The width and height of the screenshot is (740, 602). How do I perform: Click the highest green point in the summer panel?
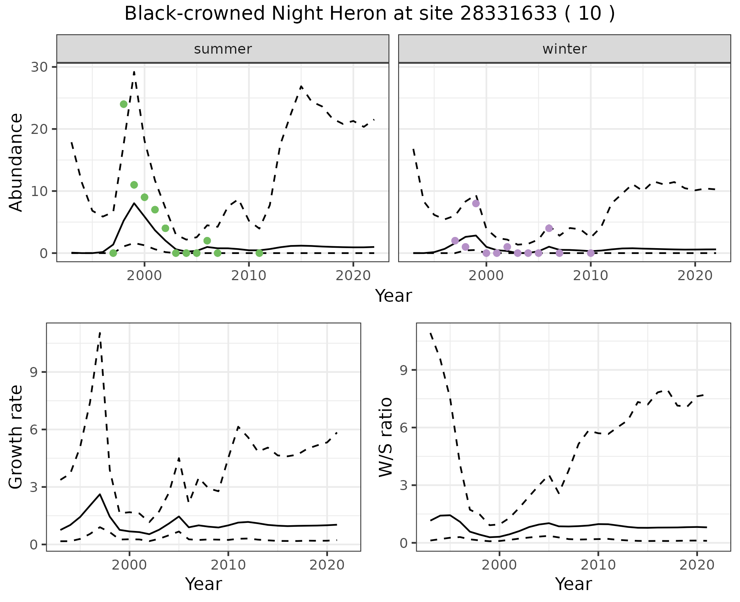coord(124,104)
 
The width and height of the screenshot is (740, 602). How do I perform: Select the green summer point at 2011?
coord(259,253)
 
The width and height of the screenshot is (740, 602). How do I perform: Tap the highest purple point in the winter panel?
coord(476,203)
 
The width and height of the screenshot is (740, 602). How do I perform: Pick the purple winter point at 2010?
coord(590,253)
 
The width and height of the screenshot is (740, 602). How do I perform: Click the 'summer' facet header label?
coord(223,49)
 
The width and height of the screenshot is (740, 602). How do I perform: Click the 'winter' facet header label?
coord(564,49)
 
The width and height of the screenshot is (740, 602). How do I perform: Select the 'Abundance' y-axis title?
coord(16,162)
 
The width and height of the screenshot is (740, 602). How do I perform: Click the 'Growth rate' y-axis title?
coord(16,437)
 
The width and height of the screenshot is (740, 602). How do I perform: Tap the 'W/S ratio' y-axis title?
coord(386,437)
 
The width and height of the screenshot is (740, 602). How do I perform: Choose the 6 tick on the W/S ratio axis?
coord(404,428)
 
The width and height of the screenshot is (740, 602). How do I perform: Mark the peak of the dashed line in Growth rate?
coord(100,332)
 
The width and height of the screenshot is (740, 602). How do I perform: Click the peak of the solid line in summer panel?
coord(134,203)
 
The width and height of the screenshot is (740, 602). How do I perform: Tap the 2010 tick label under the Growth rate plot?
coord(228,565)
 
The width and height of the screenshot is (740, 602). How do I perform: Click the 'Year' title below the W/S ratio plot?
coord(573,584)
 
